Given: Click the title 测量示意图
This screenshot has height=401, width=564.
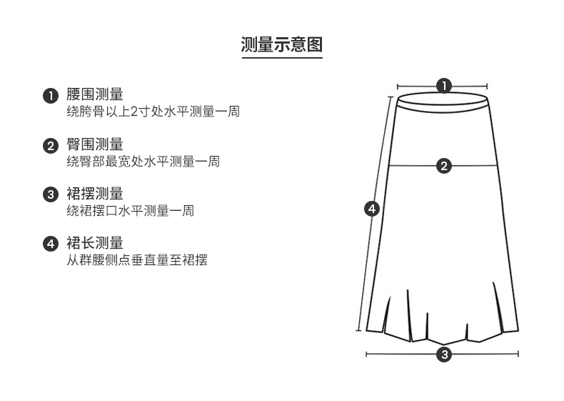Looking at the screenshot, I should (x=282, y=44).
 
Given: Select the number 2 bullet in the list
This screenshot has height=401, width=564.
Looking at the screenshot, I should (x=50, y=146).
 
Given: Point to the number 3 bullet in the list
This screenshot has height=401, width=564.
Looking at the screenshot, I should (x=50, y=194).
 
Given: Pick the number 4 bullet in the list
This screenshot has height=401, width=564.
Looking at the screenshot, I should (x=50, y=244).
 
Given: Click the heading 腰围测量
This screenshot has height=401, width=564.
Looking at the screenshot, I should (x=95, y=94).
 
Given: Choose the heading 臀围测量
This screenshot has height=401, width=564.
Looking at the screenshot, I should (x=95, y=144).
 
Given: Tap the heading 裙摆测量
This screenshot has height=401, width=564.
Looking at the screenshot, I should (x=95, y=193).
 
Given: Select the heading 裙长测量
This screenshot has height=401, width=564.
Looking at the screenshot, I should (x=95, y=242).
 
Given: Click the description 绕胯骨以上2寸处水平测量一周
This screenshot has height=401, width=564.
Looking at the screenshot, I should (x=152, y=112).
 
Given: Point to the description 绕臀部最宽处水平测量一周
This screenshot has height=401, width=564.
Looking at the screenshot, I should (x=143, y=162).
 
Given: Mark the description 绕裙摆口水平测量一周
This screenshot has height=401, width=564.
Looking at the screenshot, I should (x=130, y=210).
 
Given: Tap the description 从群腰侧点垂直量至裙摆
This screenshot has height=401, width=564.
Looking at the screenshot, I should (x=136, y=259).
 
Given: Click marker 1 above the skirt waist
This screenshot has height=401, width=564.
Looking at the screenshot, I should (x=444, y=86).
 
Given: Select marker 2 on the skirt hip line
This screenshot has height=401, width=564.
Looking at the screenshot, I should (x=444, y=166).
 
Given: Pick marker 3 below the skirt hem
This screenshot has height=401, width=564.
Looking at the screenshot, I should (x=444, y=355).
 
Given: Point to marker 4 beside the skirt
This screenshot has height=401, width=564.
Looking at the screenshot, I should (x=371, y=209).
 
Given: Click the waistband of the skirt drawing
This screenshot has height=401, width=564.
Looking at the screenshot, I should (x=444, y=102).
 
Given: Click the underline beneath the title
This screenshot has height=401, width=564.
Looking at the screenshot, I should (x=282, y=58).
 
